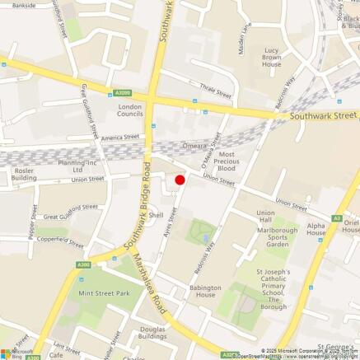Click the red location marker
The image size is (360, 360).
click(180, 180)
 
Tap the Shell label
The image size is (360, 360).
click(156, 215)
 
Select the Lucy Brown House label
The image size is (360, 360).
click(272, 58)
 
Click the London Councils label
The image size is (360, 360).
click(130, 110)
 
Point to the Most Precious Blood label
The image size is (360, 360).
click(227, 161)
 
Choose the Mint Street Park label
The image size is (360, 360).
click(105, 293)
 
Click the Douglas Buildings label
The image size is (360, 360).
click(152, 333)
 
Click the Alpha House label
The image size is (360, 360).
click(316, 228)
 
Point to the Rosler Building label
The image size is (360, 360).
click(24, 174)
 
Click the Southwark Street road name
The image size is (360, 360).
click(324, 117)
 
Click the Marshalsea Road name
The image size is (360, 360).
click(152, 284)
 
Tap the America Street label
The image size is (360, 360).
click(121, 137)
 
